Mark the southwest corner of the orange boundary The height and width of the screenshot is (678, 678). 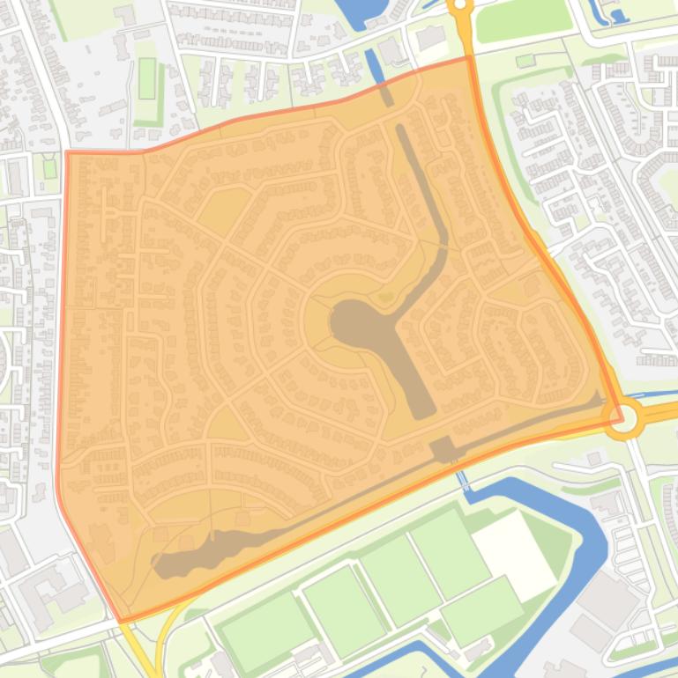point(120,621)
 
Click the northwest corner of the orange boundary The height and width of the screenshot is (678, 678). point(68,152)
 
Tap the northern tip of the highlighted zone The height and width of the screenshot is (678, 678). point(467,58)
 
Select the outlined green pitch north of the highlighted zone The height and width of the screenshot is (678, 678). point(146,78)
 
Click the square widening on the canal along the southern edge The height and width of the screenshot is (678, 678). point(443,449)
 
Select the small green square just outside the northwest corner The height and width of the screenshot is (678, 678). point(49,167)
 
